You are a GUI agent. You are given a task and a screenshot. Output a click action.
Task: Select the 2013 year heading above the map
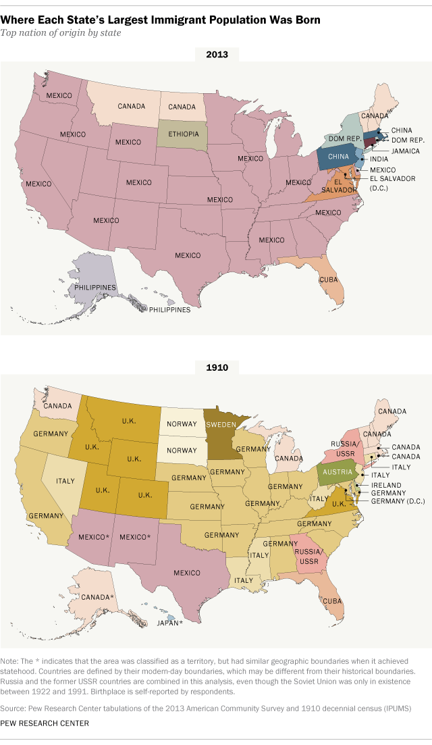click(215, 53)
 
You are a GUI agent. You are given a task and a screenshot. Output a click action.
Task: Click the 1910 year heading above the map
click(215, 367)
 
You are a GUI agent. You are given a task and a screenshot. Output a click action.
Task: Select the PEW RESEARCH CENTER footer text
click(45, 723)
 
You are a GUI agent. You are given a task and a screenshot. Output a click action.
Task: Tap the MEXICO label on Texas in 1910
click(187, 573)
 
